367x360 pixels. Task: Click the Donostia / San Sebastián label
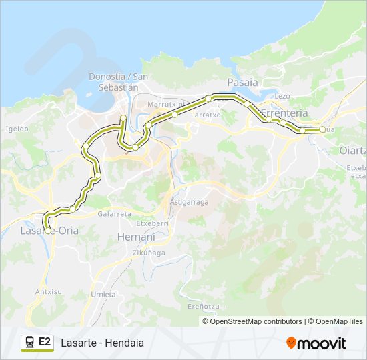coord(113,81)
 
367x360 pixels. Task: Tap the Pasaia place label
coord(242,83)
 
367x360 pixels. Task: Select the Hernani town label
coord(135,237)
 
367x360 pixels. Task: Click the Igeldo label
coord(17,129)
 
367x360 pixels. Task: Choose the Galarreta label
coord(114,214)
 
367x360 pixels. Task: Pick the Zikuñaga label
coord(148,253)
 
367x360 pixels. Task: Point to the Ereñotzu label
coord(204,306)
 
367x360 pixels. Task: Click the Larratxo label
coord(206,115)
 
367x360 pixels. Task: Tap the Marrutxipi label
coord(166,105)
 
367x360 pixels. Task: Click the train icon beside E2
coord(29,343)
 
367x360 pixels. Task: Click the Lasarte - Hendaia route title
coord(102,343)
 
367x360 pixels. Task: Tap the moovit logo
coord(316,343)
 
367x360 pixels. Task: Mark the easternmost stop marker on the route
coord(322,129)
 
